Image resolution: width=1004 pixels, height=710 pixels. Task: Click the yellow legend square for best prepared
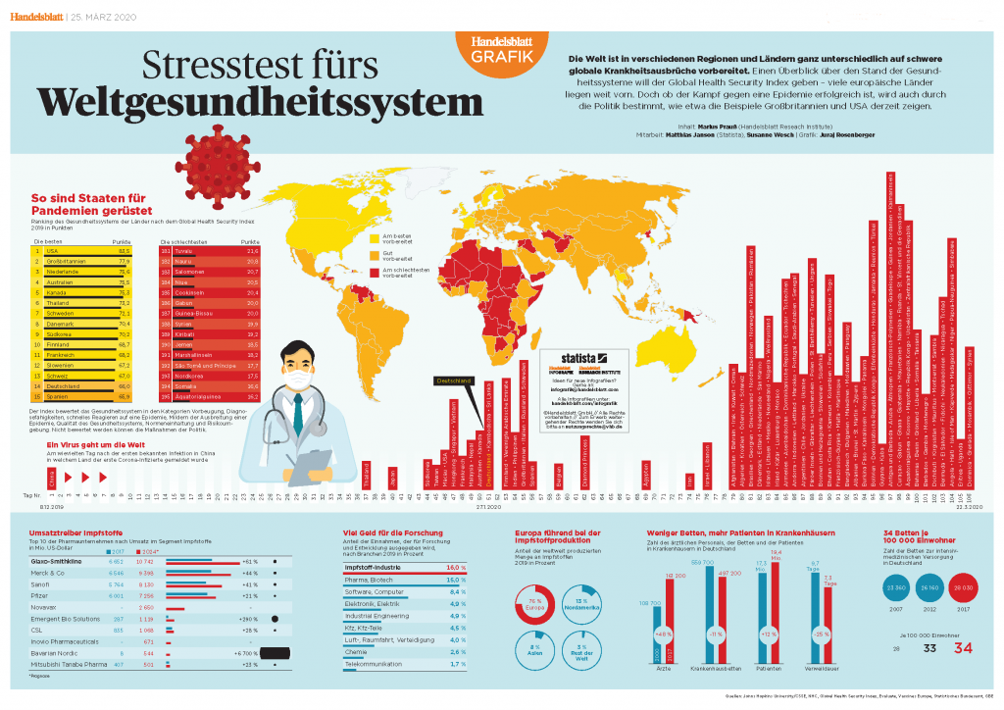pos(375,237)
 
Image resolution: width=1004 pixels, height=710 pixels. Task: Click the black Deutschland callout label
pos(453,380)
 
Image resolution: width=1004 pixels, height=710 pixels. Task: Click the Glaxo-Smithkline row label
pos(61,562)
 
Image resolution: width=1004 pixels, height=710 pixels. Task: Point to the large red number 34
pos(964,647)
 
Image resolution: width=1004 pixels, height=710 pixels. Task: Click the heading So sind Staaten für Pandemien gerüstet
pos(91,203)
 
